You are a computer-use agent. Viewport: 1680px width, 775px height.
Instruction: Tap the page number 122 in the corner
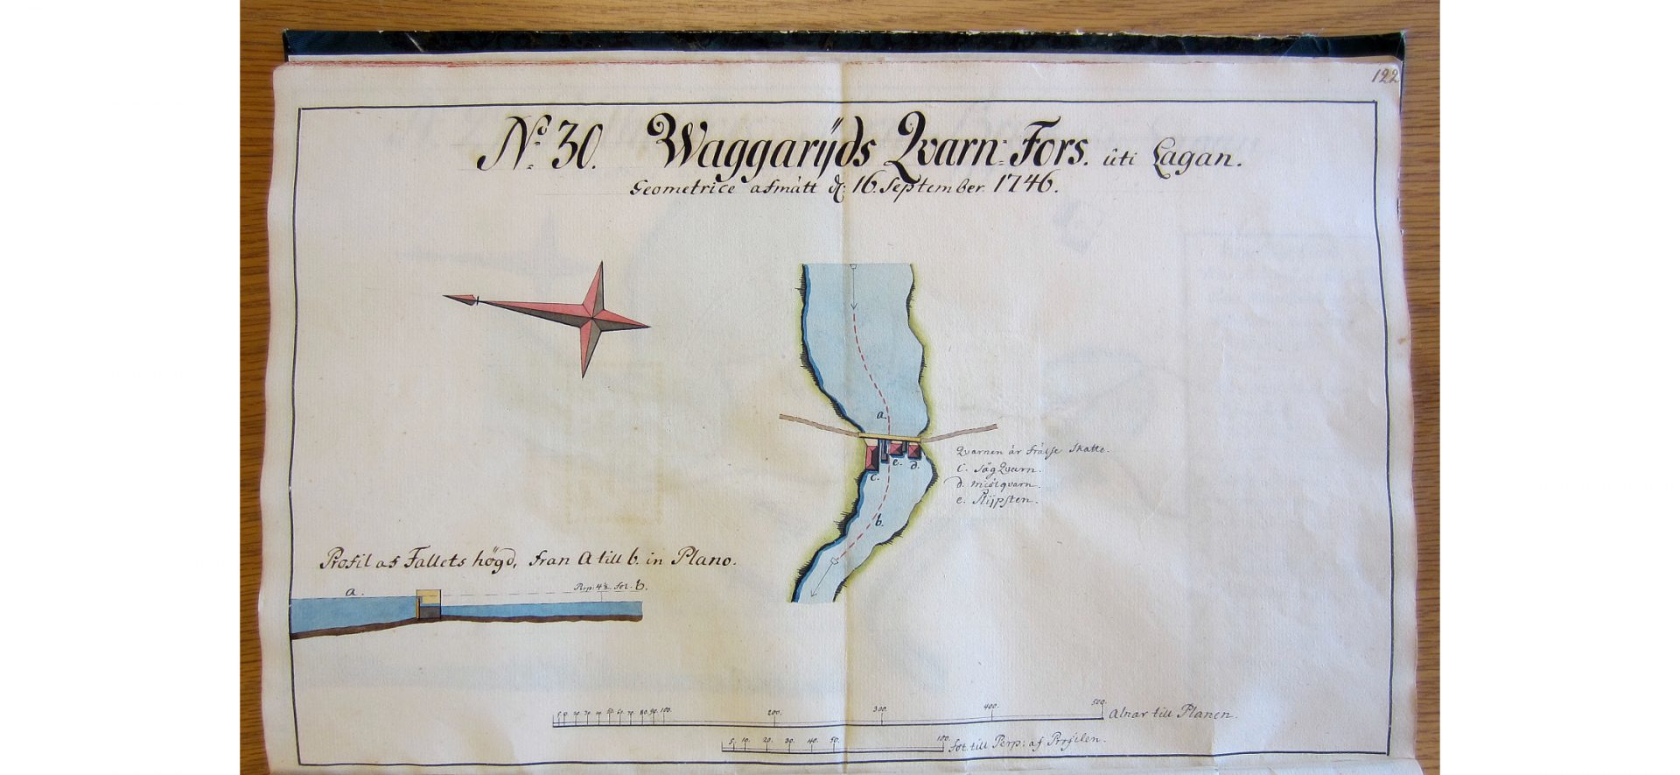(1385, 76)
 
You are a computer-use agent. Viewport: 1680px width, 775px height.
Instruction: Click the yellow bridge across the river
(891, 437)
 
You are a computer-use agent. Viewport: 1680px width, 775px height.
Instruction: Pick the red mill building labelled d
(913, 450)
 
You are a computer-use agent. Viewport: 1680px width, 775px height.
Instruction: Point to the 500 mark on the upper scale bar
(1099, 702)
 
